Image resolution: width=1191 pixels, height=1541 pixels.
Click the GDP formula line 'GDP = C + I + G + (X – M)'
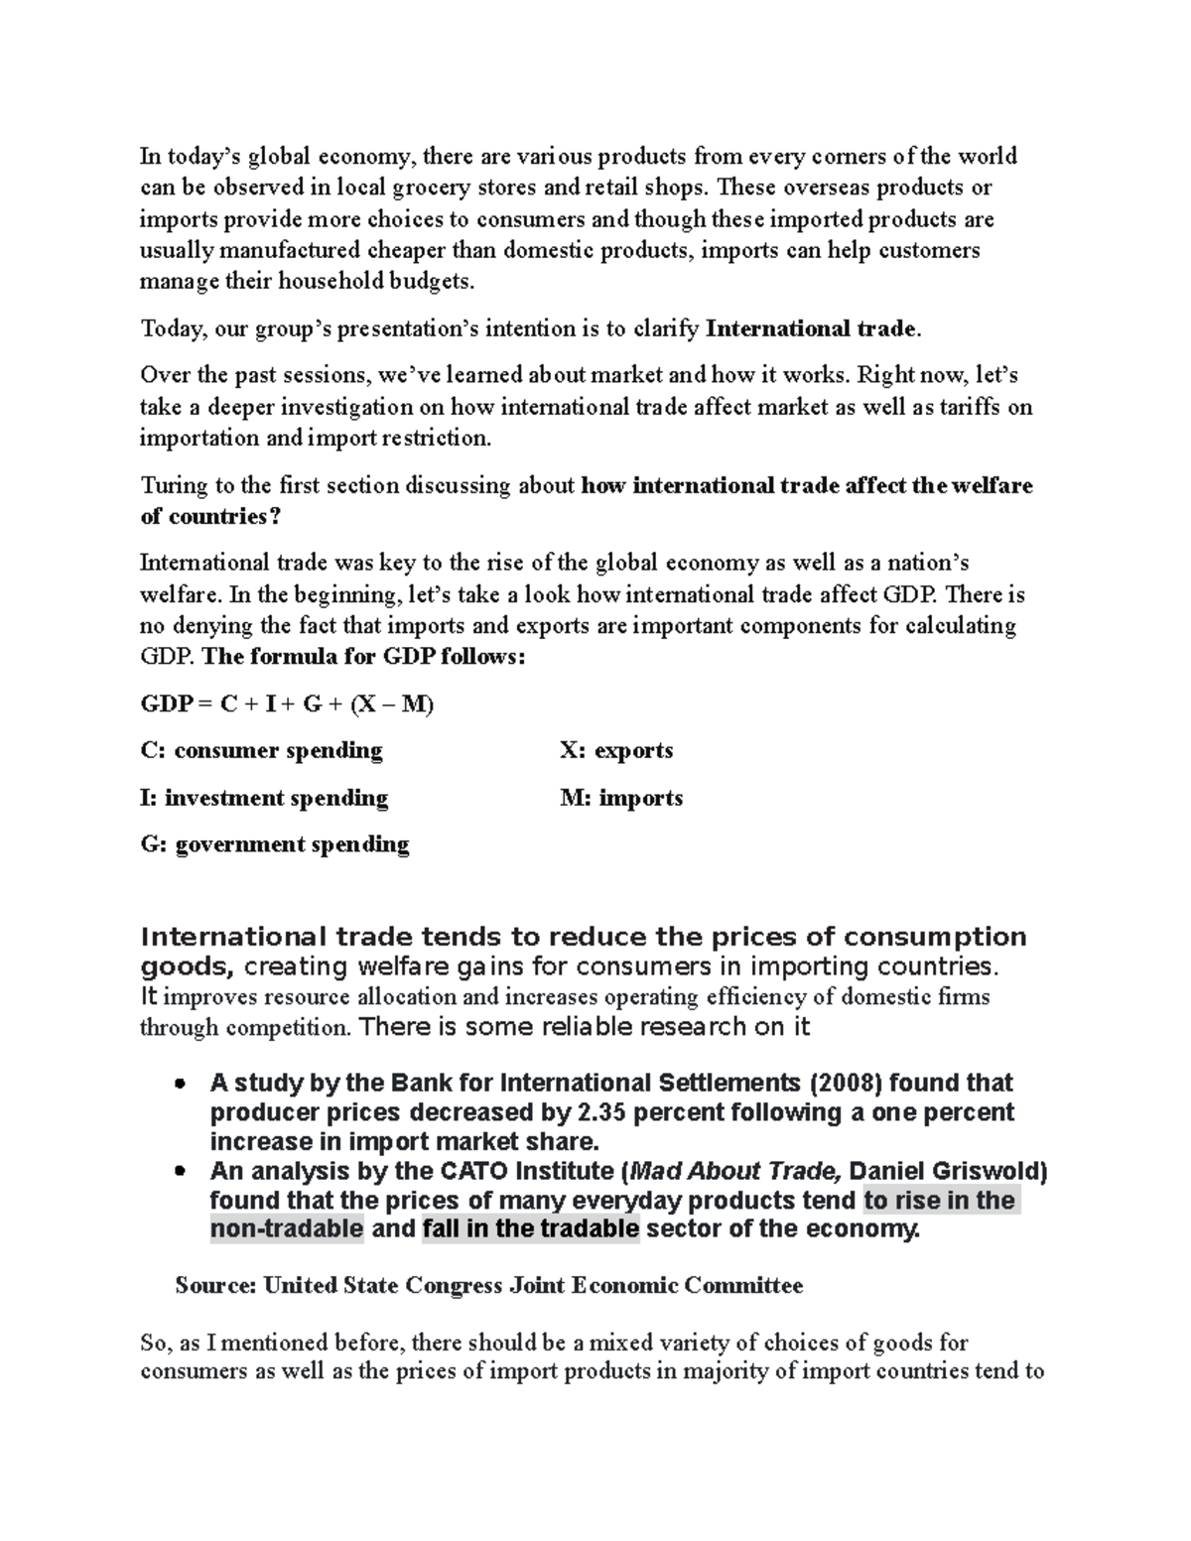[x=288, y=705]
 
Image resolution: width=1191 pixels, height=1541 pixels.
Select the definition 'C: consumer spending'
[x=262, y=751]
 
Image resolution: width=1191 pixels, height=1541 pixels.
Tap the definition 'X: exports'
[x=616, y=751]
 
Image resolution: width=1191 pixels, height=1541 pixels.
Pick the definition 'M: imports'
[x=621, y=798]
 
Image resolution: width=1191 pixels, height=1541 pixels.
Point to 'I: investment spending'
[x=264, y=798]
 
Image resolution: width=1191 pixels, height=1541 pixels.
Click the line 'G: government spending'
[x=275, y=844]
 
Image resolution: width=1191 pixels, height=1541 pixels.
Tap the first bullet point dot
[x=180, y=1084]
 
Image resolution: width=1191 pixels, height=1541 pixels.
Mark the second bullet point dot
[x=180, y=1172]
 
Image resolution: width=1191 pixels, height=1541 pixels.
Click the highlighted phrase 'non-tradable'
[x=287, y=1230]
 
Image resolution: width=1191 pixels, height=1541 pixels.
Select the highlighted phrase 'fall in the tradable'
[x=531, y=1230]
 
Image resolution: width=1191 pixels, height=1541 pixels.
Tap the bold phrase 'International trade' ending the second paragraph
[x=812, y=329]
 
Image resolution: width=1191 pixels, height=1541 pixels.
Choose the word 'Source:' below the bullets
[x=215, y=1287]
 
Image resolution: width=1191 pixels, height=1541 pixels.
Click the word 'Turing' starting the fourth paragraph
[x=172, y=486]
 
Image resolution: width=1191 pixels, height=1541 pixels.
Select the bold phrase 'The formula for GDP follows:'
[x=363, y=658]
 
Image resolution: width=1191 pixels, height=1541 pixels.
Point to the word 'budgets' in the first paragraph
[x=433, y=282]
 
